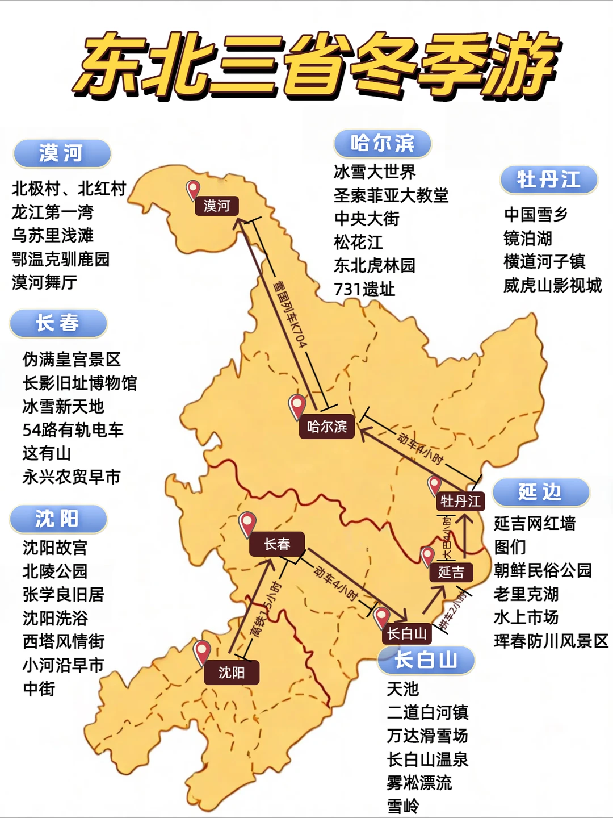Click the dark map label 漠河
coord(216,206)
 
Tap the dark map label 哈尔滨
coord(327,427)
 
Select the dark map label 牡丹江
coord(460,501)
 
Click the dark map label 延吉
coord(451,572)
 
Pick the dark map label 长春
coord(277,544)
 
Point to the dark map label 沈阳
coord(232,673)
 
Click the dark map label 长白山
coord(406,633)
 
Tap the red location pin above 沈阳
coord(202,652)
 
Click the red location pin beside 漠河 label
coord(193,189)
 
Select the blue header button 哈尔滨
coord(383,143)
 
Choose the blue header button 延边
coord(540,492)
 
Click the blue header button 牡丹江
coord(548,180)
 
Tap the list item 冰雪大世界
coord(375,172)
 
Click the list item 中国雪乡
coord(536,215)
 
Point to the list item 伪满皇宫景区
coord(72,360)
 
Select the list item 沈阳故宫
coord(55,548)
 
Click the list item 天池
coord(402,689)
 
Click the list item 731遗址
coord(364,289)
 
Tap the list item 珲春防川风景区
coord(551,641)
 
